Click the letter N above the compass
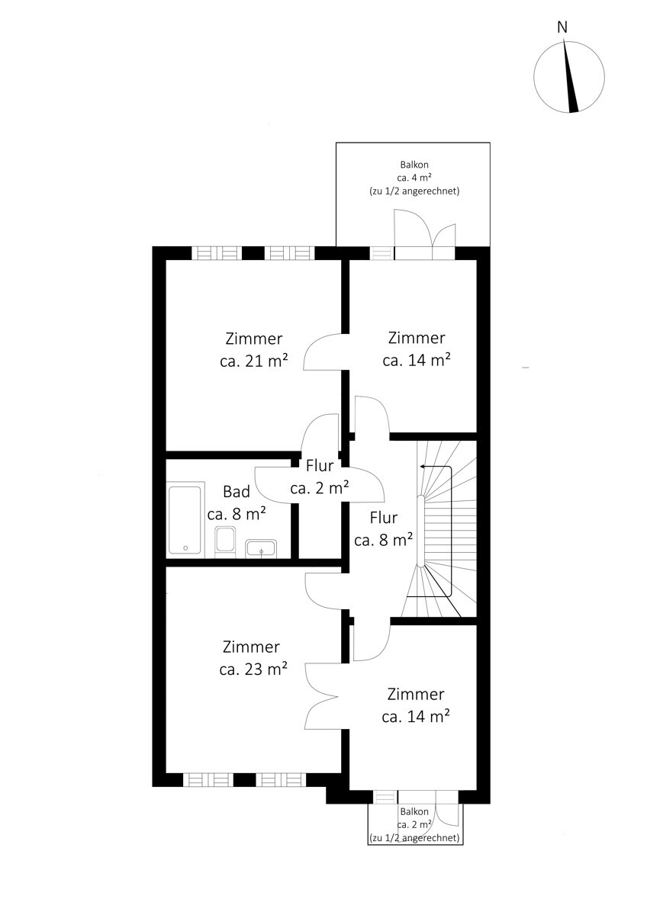[x=562, y=27]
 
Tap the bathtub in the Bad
[x=185, y=519]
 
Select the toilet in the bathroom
[x=225, y=541]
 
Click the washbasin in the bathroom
[x=261, y=548]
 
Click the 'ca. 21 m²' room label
[x=254, y=361]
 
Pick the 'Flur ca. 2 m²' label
[x=319, y=477]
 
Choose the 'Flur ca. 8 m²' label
[x=383, y=529]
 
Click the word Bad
[x=237, y=491]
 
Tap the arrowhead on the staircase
[x=423, y=466]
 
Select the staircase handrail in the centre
[x=420, y=531]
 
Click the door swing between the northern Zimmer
[x=324, y=352]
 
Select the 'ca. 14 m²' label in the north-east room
[x=417, y=360]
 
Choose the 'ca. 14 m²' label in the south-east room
[x=416, y=716]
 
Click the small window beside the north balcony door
[x=382, y=253]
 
